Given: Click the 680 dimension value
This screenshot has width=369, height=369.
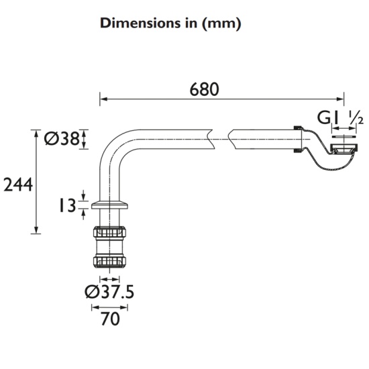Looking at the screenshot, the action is click(204, 89).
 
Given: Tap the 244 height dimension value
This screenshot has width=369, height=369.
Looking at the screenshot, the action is click(18, 184).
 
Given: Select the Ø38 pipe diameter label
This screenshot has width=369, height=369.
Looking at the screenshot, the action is click(62, 138).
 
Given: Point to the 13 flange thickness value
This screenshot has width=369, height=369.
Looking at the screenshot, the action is click(68, 205).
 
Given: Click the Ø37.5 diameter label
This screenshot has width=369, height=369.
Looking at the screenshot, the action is click(109, 292).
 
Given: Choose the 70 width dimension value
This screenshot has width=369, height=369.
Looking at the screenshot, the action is click(110, 319).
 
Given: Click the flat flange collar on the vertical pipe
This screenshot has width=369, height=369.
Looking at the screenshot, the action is click(109, 205).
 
